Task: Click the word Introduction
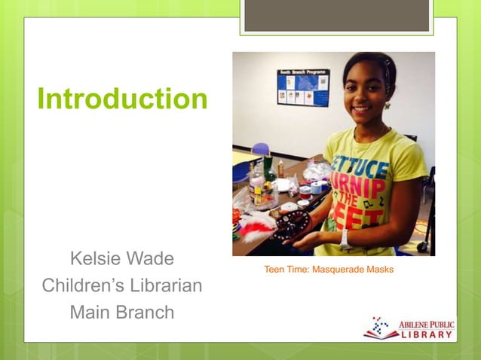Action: click(122, 99)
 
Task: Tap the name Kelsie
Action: click(96, 259)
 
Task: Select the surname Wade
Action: click(150, 259)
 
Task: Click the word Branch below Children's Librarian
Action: click(148, 312)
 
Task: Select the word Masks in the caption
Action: click(380, 270)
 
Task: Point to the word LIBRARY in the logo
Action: click(427, 335)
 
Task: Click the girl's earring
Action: click(387, 105)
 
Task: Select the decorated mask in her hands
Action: click(291, 224)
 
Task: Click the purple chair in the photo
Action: click(261, 150)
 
